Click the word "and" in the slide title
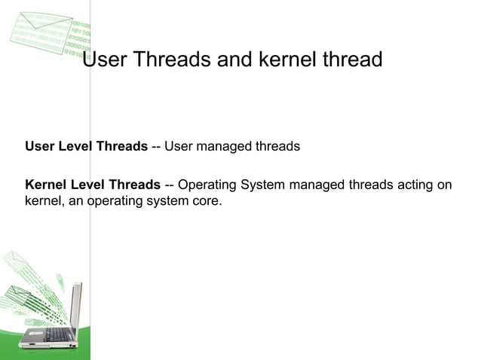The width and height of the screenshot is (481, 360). pos(237,59)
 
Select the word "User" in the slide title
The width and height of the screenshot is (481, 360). pos(104,59)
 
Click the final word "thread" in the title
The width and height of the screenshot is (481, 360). pos(356,59)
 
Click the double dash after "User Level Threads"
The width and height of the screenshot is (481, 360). pos(156,146)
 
